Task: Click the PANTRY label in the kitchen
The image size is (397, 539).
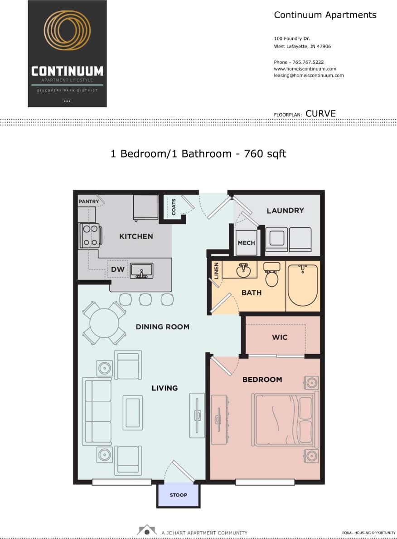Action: click(x=89, y=201)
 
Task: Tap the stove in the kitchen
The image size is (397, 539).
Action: click(x=90, y=236)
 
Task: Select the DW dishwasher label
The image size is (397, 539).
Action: click(x=117, y=269)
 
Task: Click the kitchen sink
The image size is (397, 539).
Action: click(x=141, y=270)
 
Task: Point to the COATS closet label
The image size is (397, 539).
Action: click(x=174, y=207)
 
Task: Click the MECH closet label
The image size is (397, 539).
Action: click(x=246, y=243)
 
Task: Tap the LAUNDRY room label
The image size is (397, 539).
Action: click(x=285, y=210)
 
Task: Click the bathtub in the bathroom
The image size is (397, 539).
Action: click(x=303, y=285)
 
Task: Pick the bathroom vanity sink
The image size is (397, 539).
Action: click(x=244, y=271)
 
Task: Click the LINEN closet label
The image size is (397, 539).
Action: click(x=216, y=270)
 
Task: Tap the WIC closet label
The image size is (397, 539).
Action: click(x=280, y=337)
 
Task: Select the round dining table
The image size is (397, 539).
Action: click(x=104, y=323)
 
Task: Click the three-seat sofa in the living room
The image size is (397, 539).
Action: click(x=97, y=412)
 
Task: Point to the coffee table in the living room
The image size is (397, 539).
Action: click(x=133, y=412)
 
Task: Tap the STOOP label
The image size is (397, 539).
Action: click(x=178, y=495)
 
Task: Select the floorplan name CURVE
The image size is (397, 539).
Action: click(x=320, y=114)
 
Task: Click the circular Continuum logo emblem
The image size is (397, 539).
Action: click(x=67, y=31)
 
